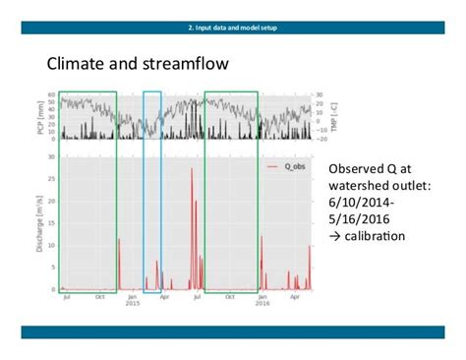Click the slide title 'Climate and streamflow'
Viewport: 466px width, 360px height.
click(138, 65)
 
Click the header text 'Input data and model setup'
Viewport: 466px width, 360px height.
click(233, 27)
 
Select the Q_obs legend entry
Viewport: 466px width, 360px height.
click(288, 166)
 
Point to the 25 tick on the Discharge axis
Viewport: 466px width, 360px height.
click(51, 184)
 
